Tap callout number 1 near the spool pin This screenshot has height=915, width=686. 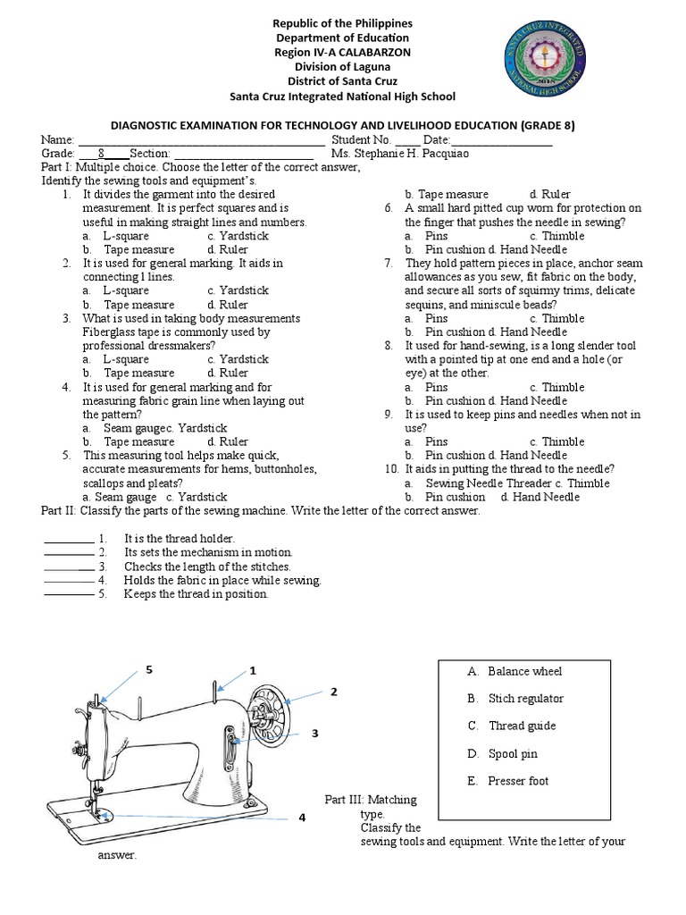[253, 670]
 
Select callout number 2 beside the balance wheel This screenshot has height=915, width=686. [334, 692]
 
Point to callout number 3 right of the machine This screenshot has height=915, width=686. [314, 733]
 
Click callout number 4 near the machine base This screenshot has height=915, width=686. [302, 817]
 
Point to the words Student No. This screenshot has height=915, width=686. [361, 139]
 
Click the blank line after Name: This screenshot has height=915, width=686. [201, 140]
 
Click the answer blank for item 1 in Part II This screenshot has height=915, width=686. [68, 540]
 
